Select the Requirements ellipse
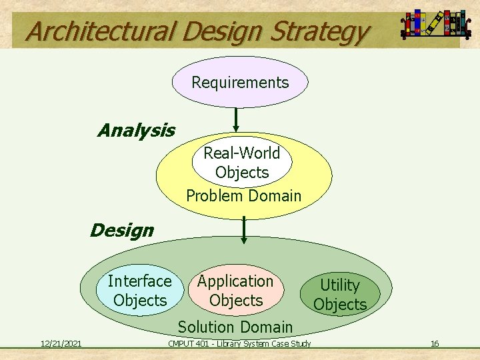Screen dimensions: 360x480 pyautogui.click(x=240, y=83)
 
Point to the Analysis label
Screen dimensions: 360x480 pyautogui.click(x=136, y=130)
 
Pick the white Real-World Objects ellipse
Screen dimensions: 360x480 pyautogui.click(x=241, y=163)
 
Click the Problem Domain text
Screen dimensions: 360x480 pyautogui.click(x=243, y=196)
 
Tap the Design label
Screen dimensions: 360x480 pyautogui.click(x=121, y=231)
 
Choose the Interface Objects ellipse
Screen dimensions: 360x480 pyautogui.click(x=140, y=291)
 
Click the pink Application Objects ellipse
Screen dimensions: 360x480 pyautogui.click(x=235, y=291)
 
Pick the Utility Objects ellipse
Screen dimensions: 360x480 pyautogui.click(x=340, y=295)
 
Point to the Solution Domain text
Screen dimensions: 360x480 pyautogui.click(x=235, y=327)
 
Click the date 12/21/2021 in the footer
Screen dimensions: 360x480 pyautogui.click(x=61, y=343)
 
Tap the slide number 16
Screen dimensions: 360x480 pyautogui.click(x=435, y=343)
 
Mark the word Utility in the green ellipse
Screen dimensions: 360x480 pyautogui.click(x=340, y=285)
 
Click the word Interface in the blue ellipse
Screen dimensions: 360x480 pyautogui.click(x=140, y=281)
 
